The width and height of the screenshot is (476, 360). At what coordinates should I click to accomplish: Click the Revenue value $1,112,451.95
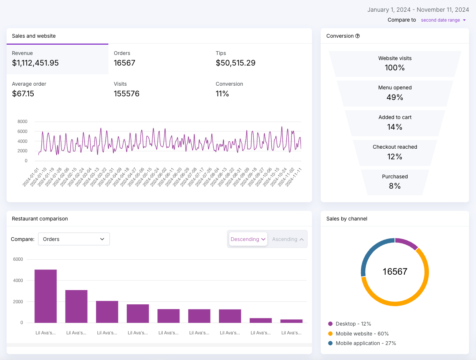point(35,63)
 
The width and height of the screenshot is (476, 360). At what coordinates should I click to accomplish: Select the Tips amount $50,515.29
point(235,63)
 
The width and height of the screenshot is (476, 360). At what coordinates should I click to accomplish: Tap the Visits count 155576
point(126,94)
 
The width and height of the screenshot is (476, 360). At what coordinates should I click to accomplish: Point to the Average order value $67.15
point(23,94)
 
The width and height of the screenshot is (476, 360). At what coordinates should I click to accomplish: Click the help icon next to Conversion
point(357,36)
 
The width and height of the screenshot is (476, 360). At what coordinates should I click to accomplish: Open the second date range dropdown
point(443,20)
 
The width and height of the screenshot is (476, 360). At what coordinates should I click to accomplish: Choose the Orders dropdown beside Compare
point(74,239)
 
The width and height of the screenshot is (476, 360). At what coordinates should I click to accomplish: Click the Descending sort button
point(248,239)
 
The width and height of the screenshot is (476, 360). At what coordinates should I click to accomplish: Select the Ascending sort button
point(287,239)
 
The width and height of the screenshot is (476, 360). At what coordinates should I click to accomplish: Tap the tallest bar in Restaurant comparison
point(45,296)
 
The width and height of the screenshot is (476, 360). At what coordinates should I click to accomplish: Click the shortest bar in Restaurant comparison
point(291,321)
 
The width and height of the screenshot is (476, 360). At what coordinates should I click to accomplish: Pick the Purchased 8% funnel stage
point(395,182)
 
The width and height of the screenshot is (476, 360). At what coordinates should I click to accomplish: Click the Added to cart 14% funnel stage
point(395,123)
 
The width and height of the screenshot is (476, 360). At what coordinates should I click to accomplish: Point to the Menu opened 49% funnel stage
point(395,93)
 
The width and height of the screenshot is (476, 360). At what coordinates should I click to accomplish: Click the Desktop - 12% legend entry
point(350,324)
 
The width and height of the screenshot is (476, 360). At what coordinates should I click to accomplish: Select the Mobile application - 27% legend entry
point(362,343)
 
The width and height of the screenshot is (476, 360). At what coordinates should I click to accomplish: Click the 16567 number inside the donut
point(395,271)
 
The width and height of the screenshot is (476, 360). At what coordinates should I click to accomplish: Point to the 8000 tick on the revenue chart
point(22,122)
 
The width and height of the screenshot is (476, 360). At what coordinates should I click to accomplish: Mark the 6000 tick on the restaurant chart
point(18,259)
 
